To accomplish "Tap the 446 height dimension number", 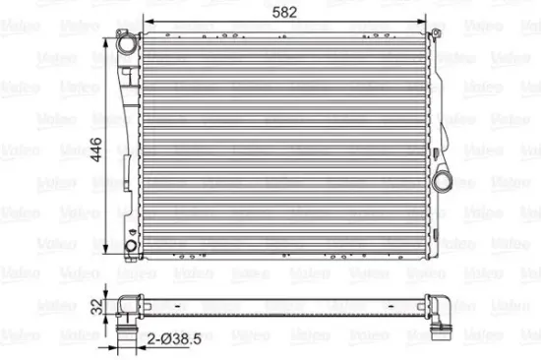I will coord(95,146).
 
